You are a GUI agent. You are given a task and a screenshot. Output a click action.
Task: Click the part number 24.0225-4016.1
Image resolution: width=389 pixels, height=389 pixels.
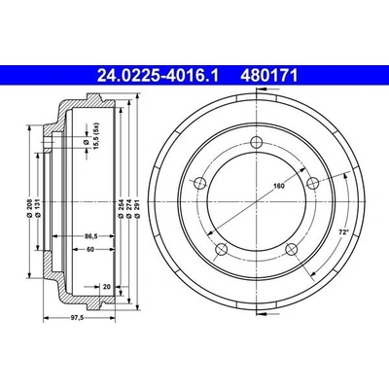pyautogui.click(x=159, y=76)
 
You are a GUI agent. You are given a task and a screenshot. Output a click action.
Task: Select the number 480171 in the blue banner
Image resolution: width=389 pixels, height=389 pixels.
pyautogui.click(x=268, y=76)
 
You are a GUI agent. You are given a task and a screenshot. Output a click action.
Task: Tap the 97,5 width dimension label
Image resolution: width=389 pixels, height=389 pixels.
pyautogui.click(x=78, y=318)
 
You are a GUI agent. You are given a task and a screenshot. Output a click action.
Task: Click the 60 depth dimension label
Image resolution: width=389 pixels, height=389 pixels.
pyautogui.click(x=90, y=249)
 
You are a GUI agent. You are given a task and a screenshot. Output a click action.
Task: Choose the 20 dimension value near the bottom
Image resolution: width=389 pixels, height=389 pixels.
pyautogui.click(x=107, y=287)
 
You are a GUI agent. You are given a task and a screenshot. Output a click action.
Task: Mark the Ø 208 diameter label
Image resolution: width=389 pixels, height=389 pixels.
pyautogui.click(x=29, y=207)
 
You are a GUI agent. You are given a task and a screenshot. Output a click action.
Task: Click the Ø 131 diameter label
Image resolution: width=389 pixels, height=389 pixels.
pyautogui.click(x=38, y=207)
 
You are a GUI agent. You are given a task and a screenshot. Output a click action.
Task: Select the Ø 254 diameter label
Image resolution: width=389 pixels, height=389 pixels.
pyautogui.click(x=120, y=208)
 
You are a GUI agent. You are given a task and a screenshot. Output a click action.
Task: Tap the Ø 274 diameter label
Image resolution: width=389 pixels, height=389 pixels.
pyautogui.click(x=128, y=208)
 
